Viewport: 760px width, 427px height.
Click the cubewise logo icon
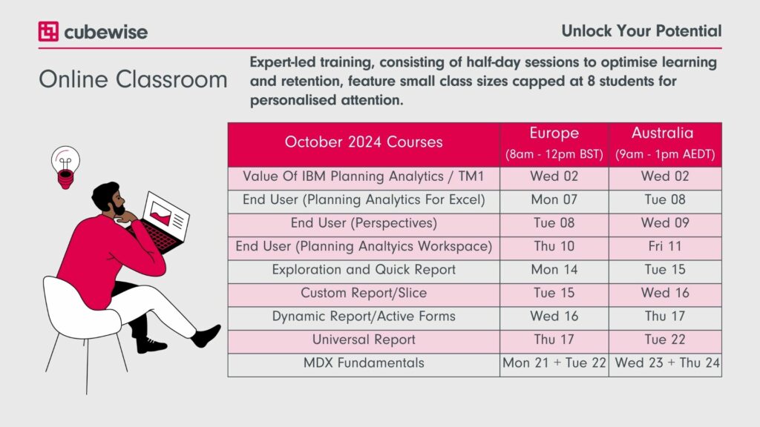tap(48, 31)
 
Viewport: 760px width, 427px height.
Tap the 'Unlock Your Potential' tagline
tap(641, 31)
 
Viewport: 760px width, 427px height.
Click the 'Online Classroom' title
tap(133, 79)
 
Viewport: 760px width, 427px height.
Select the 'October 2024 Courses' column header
tap(364, 142)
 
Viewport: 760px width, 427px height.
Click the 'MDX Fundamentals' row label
tap(364, 363)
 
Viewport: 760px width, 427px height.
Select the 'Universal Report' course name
tap(364, 340)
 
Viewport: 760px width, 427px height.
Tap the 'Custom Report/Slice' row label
tap(364, 293)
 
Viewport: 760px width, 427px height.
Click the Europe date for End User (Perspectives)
tap(554, 222)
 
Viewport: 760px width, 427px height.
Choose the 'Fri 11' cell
tap(665, 246)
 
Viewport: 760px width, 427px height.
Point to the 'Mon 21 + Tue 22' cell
tap(554, 363)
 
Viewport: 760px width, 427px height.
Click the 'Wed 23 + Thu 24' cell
tap(667, 363)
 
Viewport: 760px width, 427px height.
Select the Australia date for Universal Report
tap(665, 340)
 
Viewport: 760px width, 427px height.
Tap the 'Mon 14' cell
tap(554, 270)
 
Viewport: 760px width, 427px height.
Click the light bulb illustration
tap(65, 167)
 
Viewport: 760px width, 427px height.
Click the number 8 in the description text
tap(591, 81)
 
